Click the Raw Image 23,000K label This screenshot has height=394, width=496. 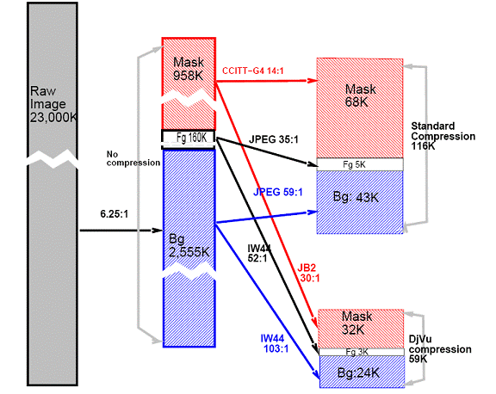coord(53,104)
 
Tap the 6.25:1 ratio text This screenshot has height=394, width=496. coord(115,214)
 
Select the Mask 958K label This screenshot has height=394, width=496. coord(189,69)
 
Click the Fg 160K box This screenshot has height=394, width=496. coord(189,139)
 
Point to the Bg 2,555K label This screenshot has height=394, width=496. coord(189,245)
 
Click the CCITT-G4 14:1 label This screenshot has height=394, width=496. coord(253,71)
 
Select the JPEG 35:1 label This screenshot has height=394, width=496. coord(274,139)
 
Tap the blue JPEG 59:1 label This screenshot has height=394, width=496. coord(278,192)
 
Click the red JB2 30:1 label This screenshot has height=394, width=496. coord(308,273)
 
